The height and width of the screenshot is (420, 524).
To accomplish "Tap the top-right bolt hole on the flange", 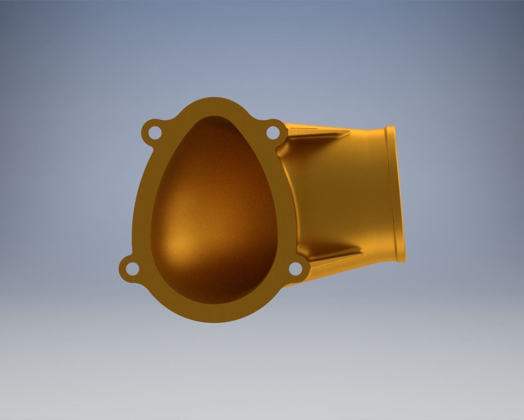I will (272, 132).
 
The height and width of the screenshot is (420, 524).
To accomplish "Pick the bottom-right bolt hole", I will (295, 269).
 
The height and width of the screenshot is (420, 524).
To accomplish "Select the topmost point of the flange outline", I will (213, 98).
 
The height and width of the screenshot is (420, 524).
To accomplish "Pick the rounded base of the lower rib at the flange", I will (301, 248).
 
